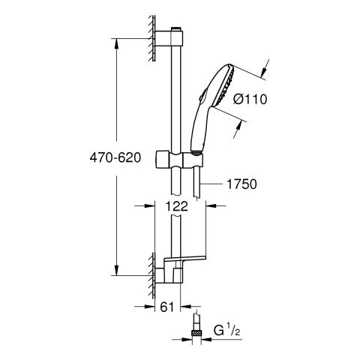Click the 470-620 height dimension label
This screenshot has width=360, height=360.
(x=115, y=157)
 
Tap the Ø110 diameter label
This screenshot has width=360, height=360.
(x=250, y=99)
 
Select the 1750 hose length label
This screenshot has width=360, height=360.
(x=241, y=184)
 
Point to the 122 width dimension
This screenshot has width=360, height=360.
(x=176, y=206)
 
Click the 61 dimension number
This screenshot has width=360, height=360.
(x=167, y=307)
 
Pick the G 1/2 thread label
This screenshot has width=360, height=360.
(x=226, y=331)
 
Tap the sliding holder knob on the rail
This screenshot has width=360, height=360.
(x=163, y=159)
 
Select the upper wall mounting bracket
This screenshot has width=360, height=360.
(x=169, y=38)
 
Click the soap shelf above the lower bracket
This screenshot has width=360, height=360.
(x=184, y=259)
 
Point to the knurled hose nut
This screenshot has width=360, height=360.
(x=196, y=333)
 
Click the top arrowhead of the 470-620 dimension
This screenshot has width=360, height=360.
(x=116, y=44)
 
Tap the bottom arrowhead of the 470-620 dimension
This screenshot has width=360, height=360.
(x=116, y=269)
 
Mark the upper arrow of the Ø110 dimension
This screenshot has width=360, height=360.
(x=265, y=69)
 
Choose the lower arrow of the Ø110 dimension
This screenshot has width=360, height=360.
(x=238, y=129)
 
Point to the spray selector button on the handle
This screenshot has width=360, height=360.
(x=202, y=95)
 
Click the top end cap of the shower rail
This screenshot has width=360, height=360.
(x=177, y=28)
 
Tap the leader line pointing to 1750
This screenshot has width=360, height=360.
(x=211, y=184)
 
